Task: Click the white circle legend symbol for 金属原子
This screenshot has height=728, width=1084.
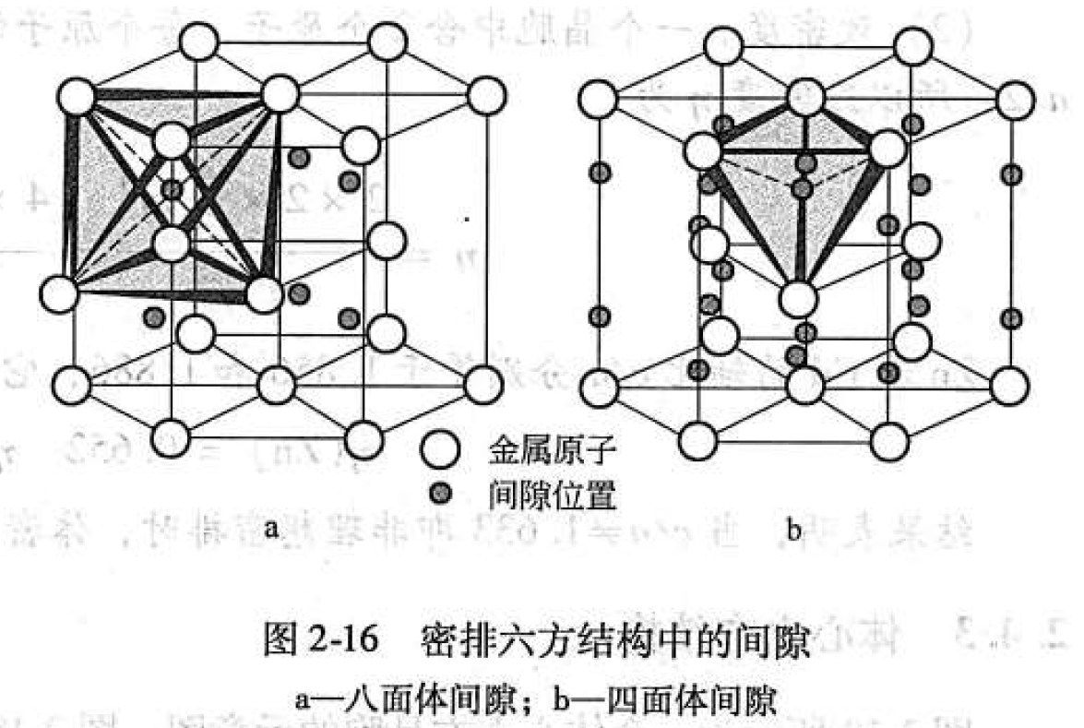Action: [440, 451]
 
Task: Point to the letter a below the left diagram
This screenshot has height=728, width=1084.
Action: [270, 529]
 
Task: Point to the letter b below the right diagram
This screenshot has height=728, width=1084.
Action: [792, 531]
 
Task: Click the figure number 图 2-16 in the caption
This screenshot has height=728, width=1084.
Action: [320, 639]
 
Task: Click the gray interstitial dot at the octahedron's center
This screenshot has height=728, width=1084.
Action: [173, 190]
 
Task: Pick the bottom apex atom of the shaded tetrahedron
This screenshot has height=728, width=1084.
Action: [799, 299]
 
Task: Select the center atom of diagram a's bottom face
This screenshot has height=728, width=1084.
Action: [276, 385]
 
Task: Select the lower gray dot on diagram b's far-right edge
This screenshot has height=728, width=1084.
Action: [1012, 318]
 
